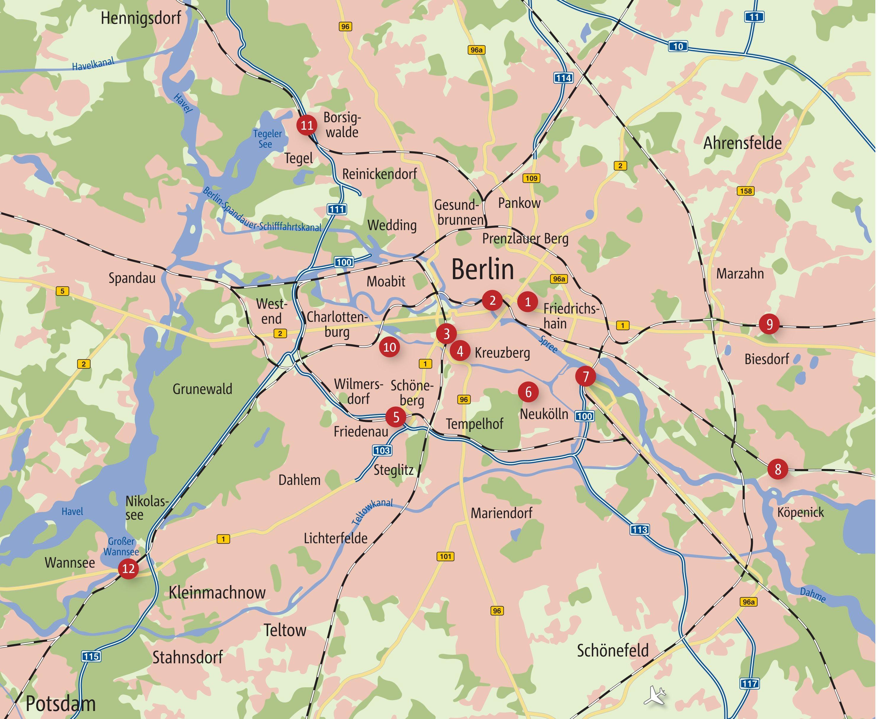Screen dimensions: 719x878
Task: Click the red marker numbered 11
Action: pos(307,125)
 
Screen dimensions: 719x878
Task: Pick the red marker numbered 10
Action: pos(390,347)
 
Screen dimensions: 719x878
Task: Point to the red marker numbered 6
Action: pos(528,392)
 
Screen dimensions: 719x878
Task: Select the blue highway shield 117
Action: pos(750,683)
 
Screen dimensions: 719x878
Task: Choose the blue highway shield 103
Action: pos(382,450)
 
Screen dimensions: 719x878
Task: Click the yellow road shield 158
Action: pos(746,191)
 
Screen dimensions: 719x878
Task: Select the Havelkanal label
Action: pos(93,64)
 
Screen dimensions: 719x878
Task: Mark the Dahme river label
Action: pos(813,595)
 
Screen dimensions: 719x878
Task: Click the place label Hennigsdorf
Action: pos(141,18)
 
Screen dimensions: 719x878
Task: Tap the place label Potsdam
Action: pos(60,704)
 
